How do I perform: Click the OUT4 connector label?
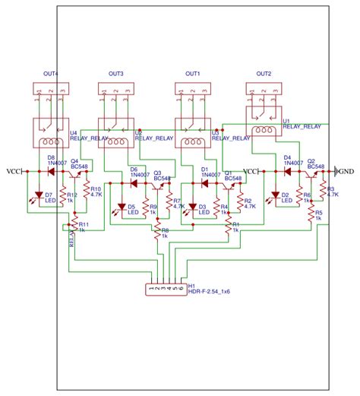pos(51,73)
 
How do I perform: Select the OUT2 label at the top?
pos(264,73)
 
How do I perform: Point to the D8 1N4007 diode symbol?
pos(51,172)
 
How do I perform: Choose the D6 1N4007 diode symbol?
pos(134,183)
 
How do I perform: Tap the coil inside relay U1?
pos(264,131)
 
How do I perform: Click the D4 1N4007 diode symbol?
pos(287,172)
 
